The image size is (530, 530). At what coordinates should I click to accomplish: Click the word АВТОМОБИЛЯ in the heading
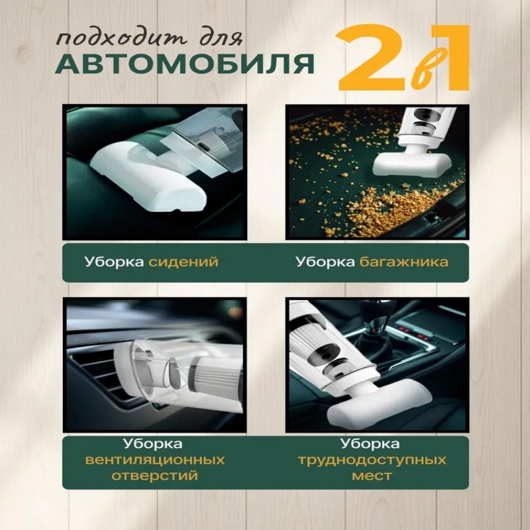coord(185,63)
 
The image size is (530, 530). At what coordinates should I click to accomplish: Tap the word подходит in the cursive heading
coord(122,39)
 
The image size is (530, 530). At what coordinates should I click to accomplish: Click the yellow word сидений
coord(184,262)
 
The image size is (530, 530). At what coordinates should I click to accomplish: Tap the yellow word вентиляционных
coord(155,460)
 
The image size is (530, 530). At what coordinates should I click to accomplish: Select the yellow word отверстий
coord(155,476)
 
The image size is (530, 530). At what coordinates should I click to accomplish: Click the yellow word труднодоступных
coord(372,460)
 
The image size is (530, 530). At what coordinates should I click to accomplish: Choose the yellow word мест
coord(372,476)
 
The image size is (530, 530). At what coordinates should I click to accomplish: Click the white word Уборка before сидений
coord(114,262)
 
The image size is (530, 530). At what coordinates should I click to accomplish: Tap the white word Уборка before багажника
coord(325,262)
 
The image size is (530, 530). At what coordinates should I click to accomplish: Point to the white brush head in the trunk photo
coord(409,164)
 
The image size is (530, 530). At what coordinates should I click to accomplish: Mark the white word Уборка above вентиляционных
coord(153,444)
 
